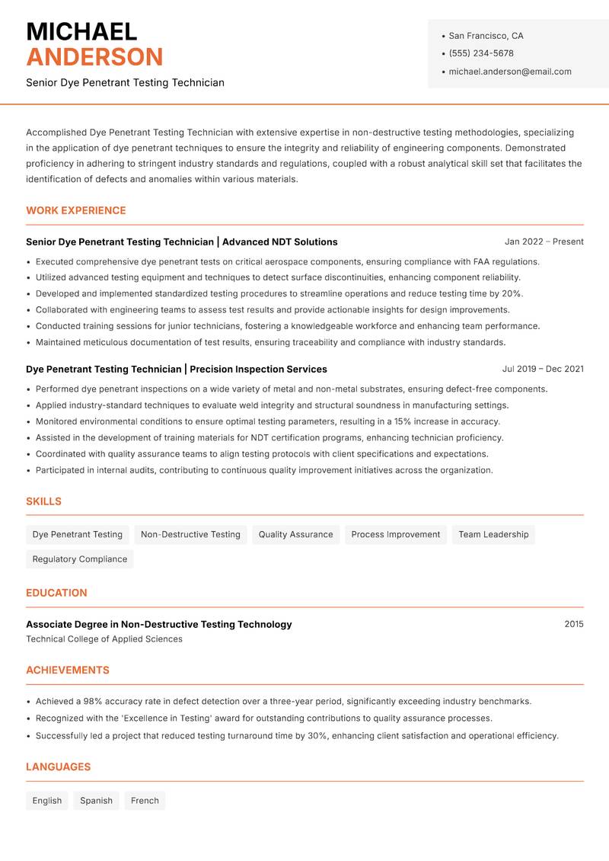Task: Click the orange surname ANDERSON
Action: (x=94, y=57)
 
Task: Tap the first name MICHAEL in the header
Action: (x=81, y=31)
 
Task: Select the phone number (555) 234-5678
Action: (x=481, y=53)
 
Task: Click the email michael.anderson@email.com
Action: (x=509, y=72)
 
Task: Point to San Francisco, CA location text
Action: (x=486, y=36)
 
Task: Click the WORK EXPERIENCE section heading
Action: (x=76, y=210)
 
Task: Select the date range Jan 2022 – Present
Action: (x=544, y=242)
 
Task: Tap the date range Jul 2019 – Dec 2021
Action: (x=543, y=369)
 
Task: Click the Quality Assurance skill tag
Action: (x=295, y=535)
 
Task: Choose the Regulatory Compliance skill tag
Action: (x=80, y=559)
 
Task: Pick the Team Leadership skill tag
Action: (x=493, y=535)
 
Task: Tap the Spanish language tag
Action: (x=96, y=801)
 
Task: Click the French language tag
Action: (x=145, y=801)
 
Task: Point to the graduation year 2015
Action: (x=574, y=624)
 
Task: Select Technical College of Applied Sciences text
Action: (x=104, y=639)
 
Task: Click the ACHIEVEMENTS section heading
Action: (x=68, y=671)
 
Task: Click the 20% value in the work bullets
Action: (x=512, y=293)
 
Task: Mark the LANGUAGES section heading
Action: (x=58, y=767)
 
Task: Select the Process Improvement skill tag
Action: (x=396, y=535)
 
